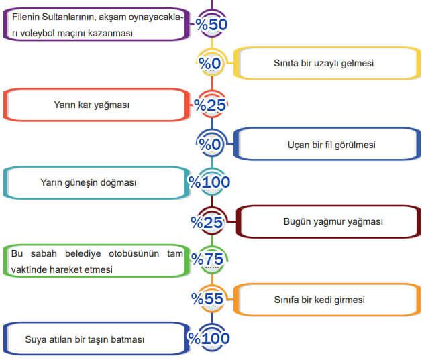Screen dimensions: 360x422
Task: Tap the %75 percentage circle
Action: (x=208, y=259)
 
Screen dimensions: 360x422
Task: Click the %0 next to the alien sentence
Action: (x=210, y=64)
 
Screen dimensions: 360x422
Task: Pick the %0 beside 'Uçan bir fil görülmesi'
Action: (x=211, y=144)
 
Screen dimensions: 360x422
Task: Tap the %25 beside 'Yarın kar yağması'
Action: (x=210, y=105)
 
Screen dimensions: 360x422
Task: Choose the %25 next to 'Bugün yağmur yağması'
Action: (x=209, y=221)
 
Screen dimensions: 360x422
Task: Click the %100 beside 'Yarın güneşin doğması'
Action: (x=209, y=182)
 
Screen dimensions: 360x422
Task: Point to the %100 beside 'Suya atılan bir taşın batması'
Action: (x=209, y=338)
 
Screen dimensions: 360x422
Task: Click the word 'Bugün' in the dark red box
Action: (x=296, y=221)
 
